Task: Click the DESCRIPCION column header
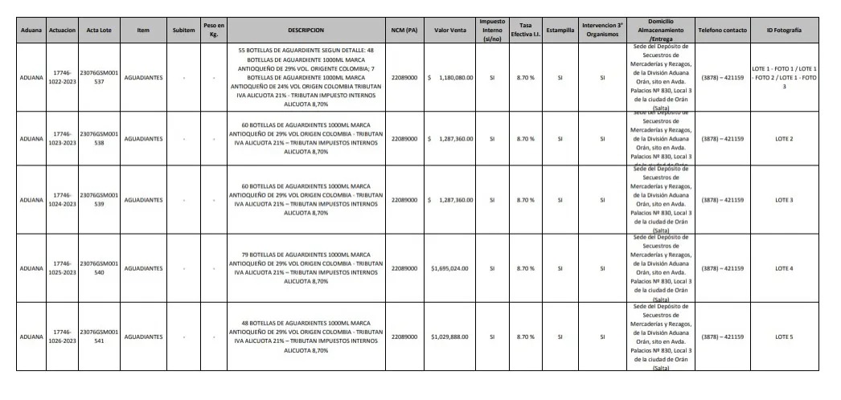[x=305, y=30]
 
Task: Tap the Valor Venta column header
[x=450, y=30]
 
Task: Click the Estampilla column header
[x=560, y=30]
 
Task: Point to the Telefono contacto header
[x=722, y=30]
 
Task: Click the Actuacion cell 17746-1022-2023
[x=62, y=78]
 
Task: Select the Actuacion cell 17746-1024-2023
[x=62, y=199]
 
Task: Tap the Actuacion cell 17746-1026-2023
[x=62, y=337]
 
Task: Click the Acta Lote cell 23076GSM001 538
[x=99, y=138]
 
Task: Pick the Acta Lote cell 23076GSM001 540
[x=99, y=268]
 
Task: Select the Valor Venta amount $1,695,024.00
[x=451, y=268]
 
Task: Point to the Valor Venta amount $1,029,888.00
[x=451, y=337]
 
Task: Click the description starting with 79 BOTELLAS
[x=305, y=268]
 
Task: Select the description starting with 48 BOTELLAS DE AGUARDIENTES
[x=305, y=337]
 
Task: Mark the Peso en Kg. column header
[x=214, y=30]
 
